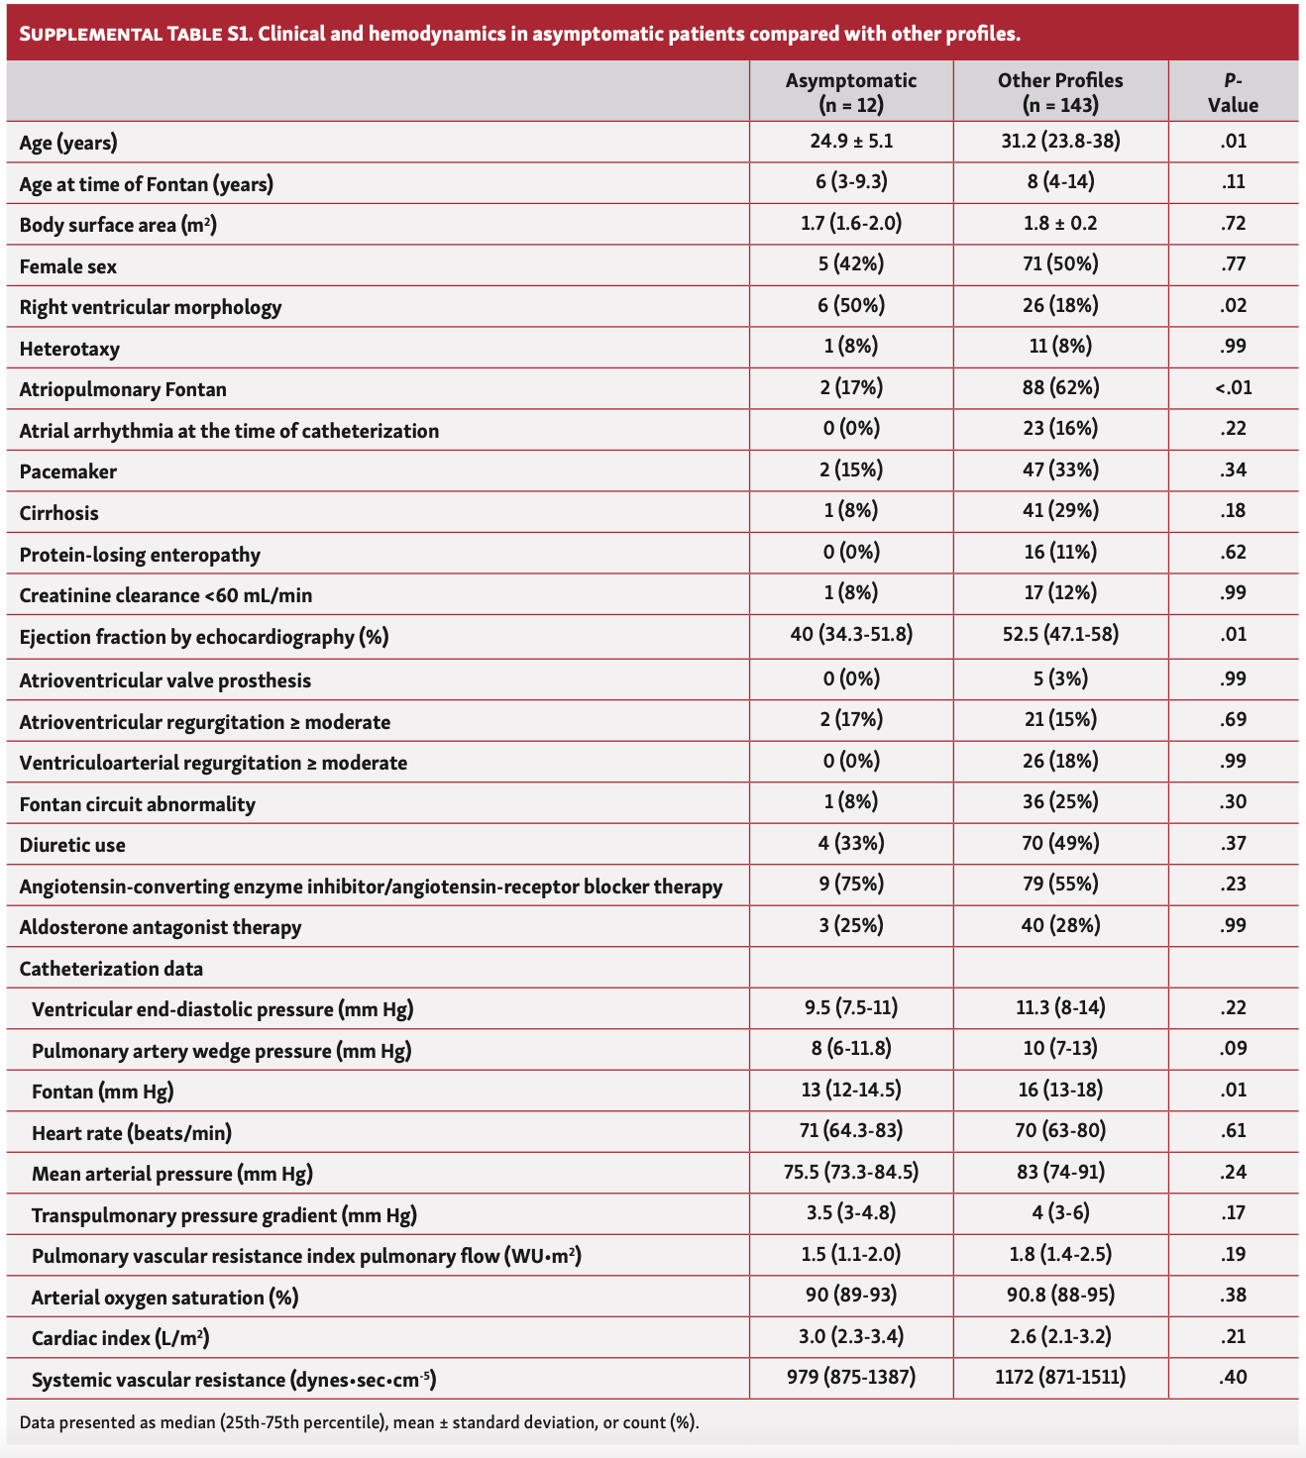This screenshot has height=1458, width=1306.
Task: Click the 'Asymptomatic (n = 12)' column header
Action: [x=851, y=92]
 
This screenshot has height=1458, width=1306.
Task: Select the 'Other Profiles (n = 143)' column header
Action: [x=1060, y=92]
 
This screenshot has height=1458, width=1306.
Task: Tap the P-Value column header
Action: [x=1233, y=92]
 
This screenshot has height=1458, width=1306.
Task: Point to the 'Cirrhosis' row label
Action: [x=59, y=513]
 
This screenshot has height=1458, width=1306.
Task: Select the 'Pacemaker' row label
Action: [x=68, y=471]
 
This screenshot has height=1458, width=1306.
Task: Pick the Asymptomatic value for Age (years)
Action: [x=851, y=142]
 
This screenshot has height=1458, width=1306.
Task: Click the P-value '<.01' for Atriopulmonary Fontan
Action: [x=1233, y=388]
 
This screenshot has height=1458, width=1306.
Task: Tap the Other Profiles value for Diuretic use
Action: [x=1060, y=843]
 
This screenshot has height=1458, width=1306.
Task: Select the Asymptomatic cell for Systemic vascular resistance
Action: [x=851, y=1377]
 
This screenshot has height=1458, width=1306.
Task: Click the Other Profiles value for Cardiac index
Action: [x=1060, y=1336]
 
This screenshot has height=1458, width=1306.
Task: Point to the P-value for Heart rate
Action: [x=1233, y=1131]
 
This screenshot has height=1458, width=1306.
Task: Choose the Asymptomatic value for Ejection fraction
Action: [x=851, y=634]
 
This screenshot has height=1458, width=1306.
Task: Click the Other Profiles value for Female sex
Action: [x=1060, y=264]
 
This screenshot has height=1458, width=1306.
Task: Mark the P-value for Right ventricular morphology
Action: [x=1233, y=306]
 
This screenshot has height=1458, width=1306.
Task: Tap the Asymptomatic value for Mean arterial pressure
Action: [x=851, y=1173]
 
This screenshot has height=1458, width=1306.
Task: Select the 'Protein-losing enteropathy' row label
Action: [x=140, y=555]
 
